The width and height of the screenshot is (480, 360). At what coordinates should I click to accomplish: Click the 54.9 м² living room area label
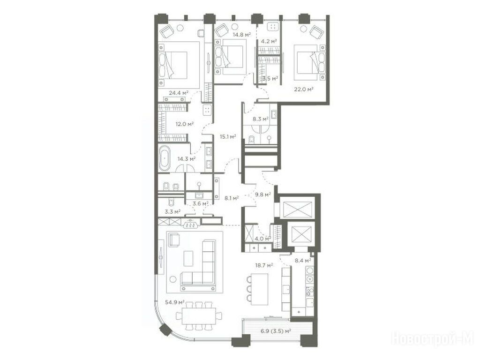click(175, 302)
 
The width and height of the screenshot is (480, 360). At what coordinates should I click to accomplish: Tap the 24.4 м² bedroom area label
click(179, 92)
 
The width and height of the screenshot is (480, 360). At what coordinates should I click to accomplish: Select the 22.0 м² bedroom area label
click(304, 89)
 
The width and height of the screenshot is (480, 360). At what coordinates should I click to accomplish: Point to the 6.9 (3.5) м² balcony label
click(276, 331)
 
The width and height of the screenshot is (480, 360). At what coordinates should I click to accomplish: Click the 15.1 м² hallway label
click(228, 136)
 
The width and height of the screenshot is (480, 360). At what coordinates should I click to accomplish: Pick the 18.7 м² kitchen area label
click(264, 265)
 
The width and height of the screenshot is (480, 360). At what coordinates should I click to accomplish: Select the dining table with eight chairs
click(199, 316)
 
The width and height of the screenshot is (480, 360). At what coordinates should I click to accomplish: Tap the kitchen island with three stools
click(259, 289)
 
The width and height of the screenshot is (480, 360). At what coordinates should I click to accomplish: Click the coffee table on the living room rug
click(188, 259)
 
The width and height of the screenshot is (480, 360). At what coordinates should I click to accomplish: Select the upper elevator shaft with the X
click(297, 210)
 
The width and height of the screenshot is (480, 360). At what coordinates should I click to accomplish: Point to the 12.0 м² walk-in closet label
click(185, 124)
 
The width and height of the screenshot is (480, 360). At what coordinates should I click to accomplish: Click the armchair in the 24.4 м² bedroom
click(167, 31)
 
